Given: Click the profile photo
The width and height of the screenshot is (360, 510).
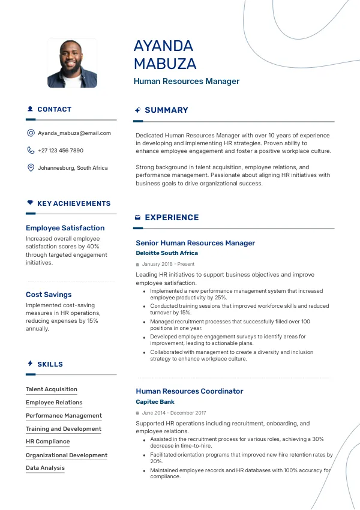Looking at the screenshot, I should [72, 64].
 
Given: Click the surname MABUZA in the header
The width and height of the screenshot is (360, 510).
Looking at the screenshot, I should [165, 64].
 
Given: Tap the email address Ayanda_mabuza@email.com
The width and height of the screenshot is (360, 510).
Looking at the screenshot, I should [74, 133].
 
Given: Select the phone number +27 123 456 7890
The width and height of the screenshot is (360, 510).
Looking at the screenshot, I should [61, 151].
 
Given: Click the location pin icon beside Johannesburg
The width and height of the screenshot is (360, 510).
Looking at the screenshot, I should [31, 168].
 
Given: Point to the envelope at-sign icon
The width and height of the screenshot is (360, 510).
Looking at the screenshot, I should [31, 133].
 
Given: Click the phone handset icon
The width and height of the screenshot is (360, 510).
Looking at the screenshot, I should [31, 151].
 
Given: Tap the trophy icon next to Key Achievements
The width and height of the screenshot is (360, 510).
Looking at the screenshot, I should [30, 203].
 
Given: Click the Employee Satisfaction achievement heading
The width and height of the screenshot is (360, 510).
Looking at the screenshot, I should [65, 228].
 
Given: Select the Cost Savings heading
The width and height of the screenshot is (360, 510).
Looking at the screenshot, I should [49, 295].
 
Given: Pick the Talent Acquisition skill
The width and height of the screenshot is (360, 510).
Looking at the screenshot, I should [52, 389].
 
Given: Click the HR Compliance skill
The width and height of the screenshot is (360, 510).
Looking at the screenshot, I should [47, 442].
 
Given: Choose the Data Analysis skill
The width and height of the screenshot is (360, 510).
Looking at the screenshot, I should [45, 468].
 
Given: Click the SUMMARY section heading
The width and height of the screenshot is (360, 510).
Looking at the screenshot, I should [166, 110].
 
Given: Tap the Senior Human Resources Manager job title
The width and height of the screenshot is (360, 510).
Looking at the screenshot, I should [195, 243].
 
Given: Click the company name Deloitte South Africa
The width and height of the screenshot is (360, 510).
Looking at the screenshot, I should [167, 253].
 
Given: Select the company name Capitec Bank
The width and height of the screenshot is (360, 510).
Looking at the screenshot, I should [155, 402].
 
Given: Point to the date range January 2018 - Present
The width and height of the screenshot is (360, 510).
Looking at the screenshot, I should [168, 264].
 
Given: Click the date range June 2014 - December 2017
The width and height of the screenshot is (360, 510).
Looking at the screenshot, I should [173, 413].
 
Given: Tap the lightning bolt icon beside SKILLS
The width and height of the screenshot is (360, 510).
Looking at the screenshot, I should [30, 364].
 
